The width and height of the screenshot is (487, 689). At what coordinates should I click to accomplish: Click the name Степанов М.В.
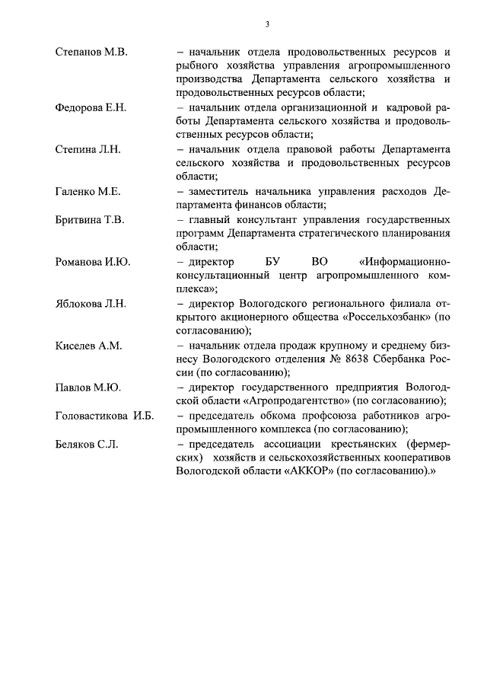tap(91, 52)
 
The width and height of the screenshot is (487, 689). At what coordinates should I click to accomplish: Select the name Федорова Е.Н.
tap(91, 107)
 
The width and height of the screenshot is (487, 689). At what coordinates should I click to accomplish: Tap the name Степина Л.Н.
tap(87, 149)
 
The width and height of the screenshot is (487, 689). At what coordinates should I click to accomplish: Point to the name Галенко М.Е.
tap(88, 191)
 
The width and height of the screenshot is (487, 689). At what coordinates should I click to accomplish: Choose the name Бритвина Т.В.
tap(90, 219)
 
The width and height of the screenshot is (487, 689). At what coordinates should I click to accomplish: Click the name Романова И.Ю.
tap(93, 261)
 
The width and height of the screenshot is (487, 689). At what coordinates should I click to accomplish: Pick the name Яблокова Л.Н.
tap(91, 303)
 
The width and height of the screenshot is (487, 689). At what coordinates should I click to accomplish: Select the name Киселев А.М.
tap(89, 345)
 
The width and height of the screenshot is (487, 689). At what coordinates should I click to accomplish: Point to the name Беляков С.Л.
tap(87, 443)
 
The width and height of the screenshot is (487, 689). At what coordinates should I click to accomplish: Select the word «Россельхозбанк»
tap(389, 317)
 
